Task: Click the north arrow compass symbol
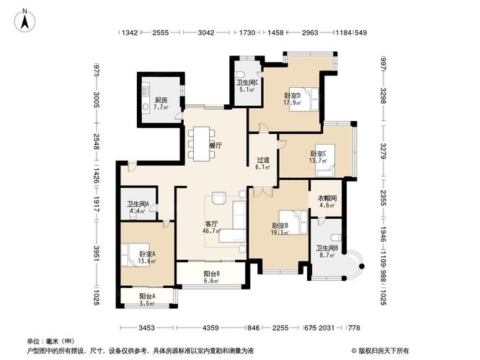click(x=24, y=19)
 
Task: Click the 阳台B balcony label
click(x=211, y=276)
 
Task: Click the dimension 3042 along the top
click(x=206, y=33)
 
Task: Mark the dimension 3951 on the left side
click(x=95, y=255)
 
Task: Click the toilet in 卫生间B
click(x=332, y=238)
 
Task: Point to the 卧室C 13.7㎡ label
click(x=319, y=157)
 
